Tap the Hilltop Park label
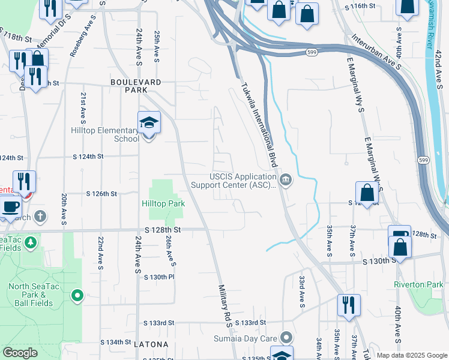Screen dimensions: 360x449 163,203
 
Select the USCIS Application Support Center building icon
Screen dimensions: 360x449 286,179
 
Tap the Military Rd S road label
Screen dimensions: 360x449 224,307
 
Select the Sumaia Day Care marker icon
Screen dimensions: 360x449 286,338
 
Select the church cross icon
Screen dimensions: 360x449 40,216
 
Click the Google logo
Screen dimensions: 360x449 20,353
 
